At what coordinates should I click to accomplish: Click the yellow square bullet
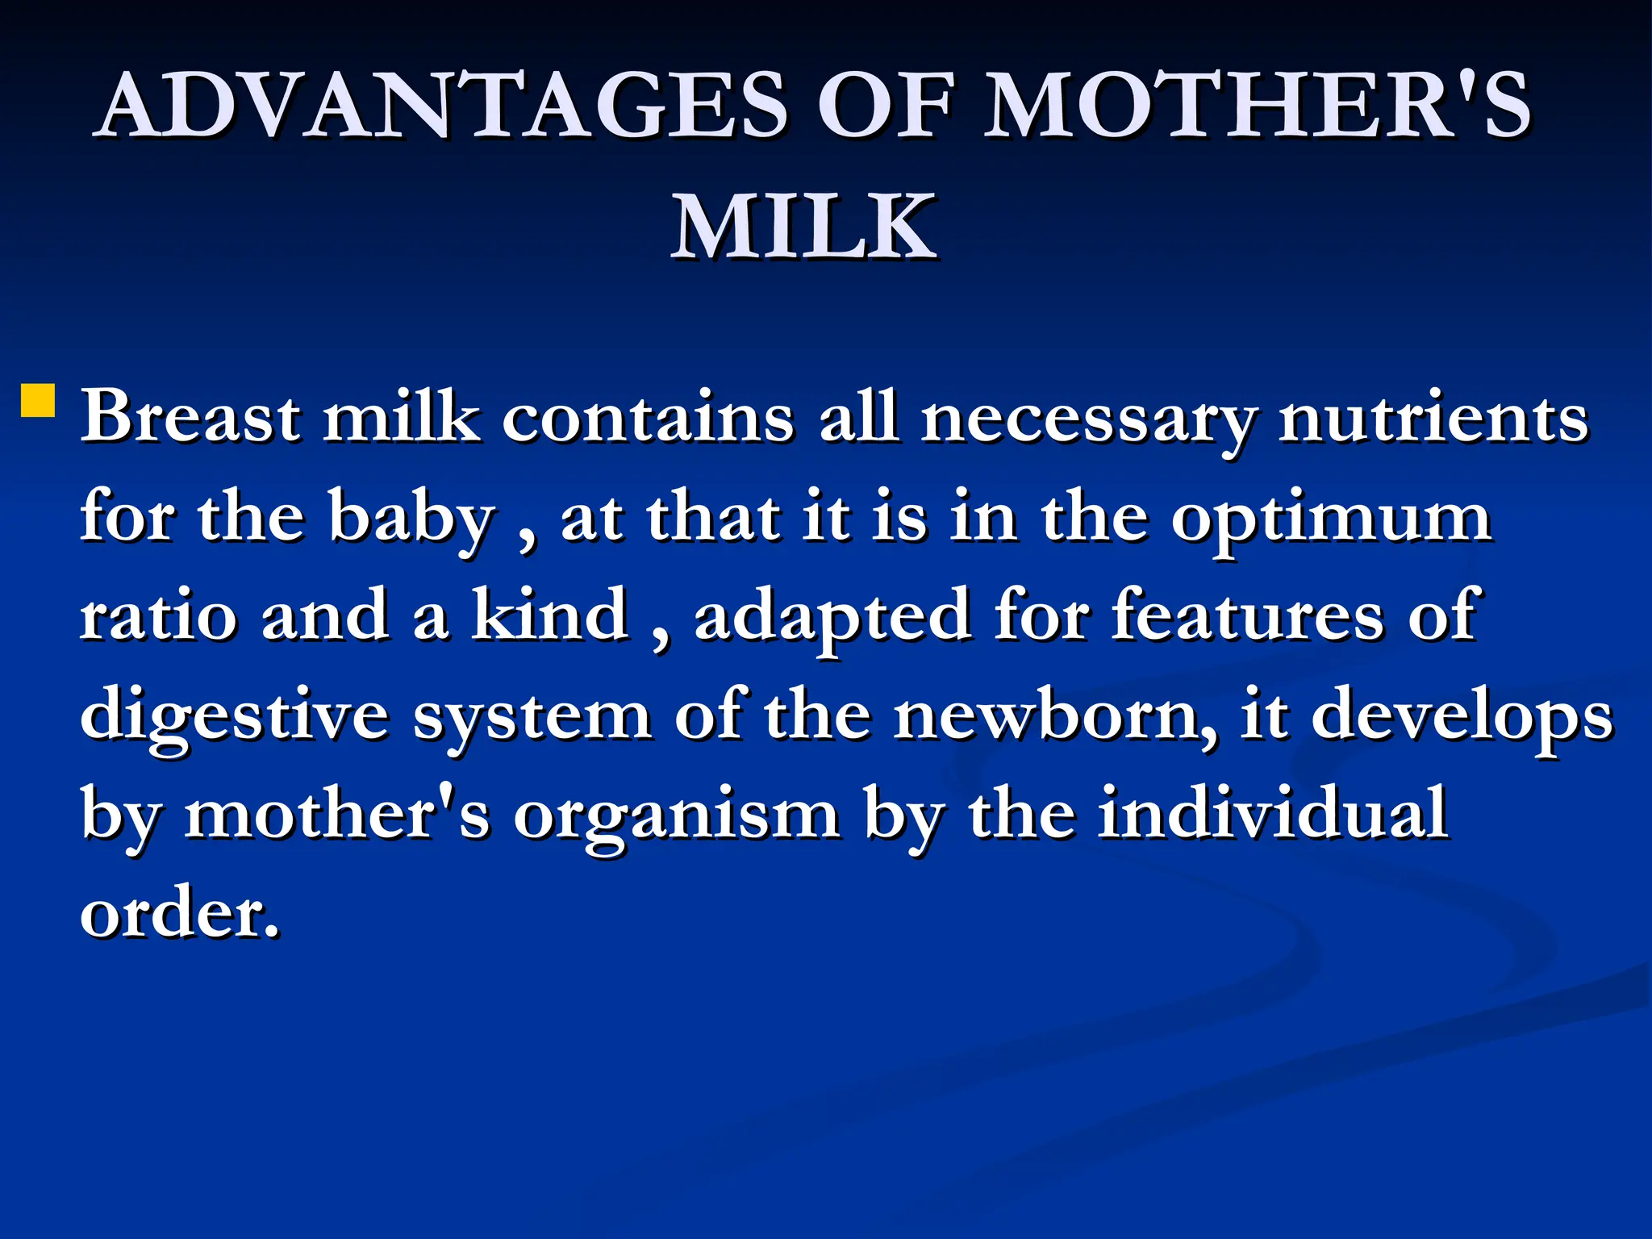(38, 400)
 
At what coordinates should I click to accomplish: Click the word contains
(648, 417)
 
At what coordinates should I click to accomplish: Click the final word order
(179, 914)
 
